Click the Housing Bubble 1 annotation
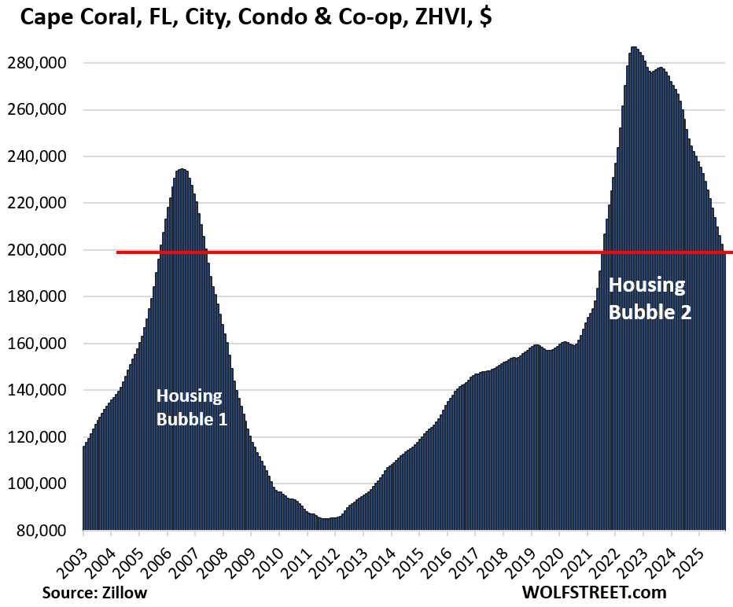point(192,407)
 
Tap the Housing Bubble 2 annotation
point(650,298)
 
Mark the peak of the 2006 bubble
point(182,169)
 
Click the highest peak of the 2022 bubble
point(634,48)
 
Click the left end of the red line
point(118,252)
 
